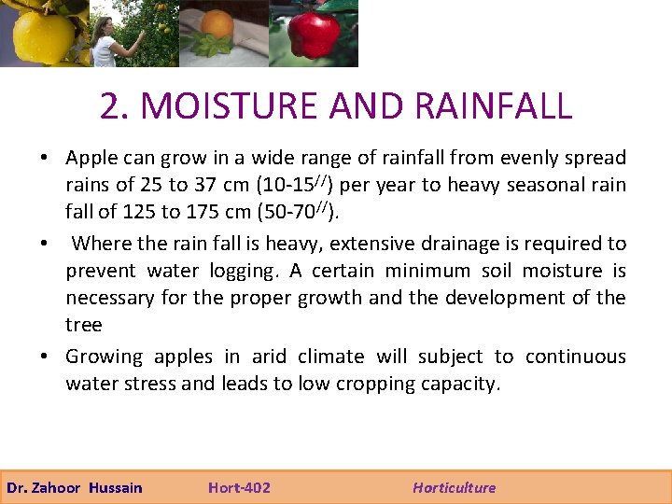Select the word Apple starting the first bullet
tap(91, 159)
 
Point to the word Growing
tap(104, 357)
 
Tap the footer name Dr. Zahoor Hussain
tap(75, 487)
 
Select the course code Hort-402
tap(239, 487)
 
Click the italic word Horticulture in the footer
tap(455, 487)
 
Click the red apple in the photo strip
tap(313, 35)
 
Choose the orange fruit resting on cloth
tap(217, 23)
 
